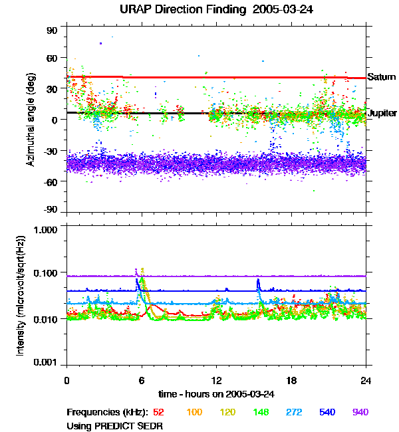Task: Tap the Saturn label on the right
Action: click(382, 78)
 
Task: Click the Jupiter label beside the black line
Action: click(382, 113)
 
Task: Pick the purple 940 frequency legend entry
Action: click(360, 413)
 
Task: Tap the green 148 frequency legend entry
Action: click(261, 413)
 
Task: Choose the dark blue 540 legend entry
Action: click(327, 413)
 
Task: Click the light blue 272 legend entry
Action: click(294, 413)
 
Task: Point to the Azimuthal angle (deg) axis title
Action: click(31, 120)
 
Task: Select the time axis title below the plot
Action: click(216, 394)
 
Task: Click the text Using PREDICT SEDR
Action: click(114, 425)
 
